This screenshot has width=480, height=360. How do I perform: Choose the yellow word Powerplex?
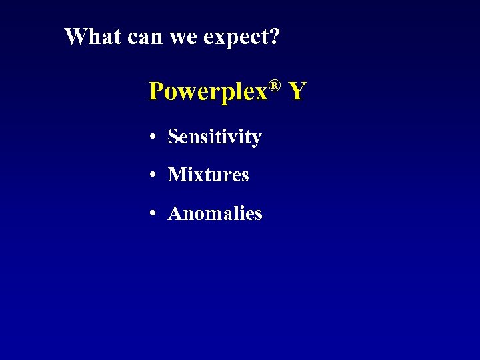click(x=207, y=91)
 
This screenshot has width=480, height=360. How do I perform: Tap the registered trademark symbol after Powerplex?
click(x=273, y=85)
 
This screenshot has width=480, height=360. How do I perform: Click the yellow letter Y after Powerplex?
click(x=297, y=91)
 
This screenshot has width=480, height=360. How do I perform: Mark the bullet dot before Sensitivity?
click(x=153, y=137)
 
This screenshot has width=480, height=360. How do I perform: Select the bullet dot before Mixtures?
click(x=153, y=175)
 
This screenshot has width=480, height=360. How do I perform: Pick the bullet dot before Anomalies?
click(x=153, y=214)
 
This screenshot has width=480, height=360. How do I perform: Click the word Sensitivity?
click(x=215, y=137)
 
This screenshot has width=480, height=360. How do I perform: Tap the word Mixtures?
click(x=209, y=175)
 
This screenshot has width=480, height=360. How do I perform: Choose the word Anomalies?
click(x=215, y=214)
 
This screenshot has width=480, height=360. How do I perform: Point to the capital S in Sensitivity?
click(x=173, y=137)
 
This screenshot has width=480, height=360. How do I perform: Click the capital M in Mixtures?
click(x=177, y=175)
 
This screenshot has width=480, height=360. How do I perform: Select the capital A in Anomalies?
click(x=175, y=214)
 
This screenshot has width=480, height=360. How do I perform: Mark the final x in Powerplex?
click(x=261, y=93)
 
